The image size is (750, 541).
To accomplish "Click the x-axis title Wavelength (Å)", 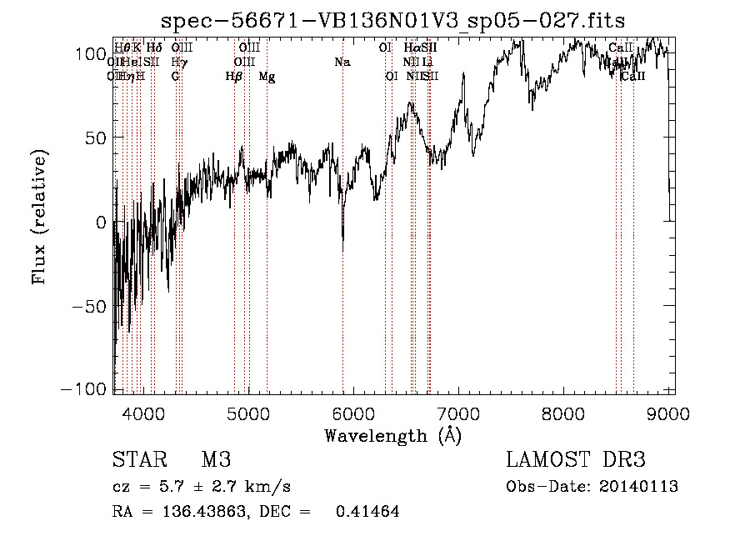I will pos(392,435).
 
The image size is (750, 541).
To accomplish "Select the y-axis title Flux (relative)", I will pos(39,217).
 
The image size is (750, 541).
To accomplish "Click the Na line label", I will pos(342,62).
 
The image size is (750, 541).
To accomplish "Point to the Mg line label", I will pos(267,77).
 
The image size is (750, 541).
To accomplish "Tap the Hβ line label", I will pos(233,77).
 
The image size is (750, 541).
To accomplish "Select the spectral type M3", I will pos(216,460).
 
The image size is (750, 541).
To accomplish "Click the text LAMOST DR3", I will pos(576,460).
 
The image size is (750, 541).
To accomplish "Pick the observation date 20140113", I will pos(637,487).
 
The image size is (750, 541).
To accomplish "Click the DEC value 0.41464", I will pos(367,512).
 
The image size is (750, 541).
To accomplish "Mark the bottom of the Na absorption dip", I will pos(342,249).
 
